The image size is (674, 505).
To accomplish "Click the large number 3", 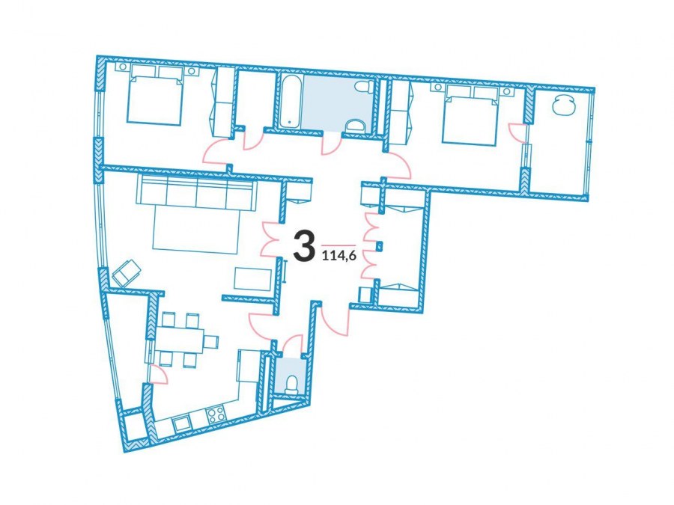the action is (303, 245).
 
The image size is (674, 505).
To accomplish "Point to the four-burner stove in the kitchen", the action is (216, 414).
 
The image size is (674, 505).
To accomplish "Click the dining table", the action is (180, 340).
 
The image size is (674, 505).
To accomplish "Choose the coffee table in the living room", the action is (253, 280).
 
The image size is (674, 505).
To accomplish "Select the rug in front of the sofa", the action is (195, 230).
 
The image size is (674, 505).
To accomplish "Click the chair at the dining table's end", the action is (211, 342).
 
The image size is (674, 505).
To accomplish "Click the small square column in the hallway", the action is (379, 246).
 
